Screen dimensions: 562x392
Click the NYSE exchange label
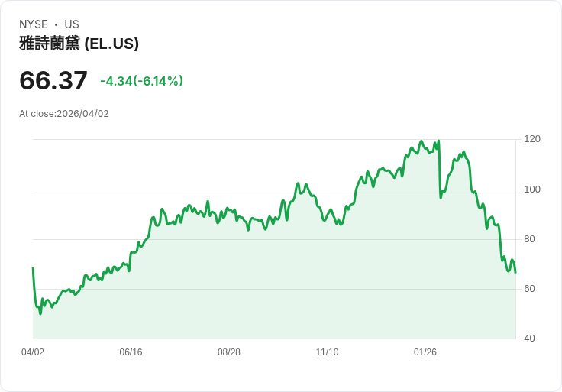(34, 24)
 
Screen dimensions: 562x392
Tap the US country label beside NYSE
(72, 24)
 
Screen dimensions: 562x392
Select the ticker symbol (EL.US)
(111, 44)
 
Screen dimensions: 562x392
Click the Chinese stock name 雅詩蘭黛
(50, 44)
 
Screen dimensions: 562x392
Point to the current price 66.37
(53, 80)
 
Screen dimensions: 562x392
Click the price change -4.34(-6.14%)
(141, 81)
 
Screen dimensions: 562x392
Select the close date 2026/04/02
(82, 114)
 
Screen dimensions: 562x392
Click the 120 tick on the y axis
(532, 139)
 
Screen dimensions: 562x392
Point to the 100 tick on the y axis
(532, 189)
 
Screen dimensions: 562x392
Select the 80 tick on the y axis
(529, 239)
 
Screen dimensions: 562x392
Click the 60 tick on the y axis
(529, 289)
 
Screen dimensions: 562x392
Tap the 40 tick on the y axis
(529, 339)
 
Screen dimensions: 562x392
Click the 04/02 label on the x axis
(33, 352)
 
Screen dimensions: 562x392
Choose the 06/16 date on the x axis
(131, 352)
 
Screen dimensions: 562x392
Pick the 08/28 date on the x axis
(229, 352)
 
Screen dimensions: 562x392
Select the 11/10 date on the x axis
(327, 352)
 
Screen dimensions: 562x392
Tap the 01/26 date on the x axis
(425, 352)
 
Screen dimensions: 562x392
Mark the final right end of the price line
(515, 273)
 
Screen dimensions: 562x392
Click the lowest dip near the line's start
(40, 314)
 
